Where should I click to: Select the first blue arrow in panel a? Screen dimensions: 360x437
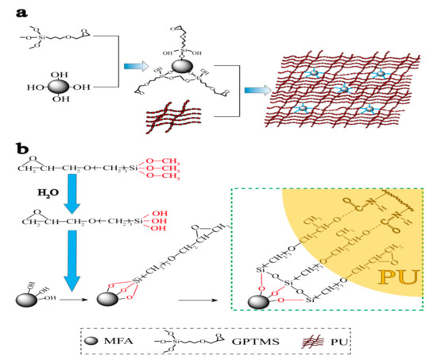[133, 68]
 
